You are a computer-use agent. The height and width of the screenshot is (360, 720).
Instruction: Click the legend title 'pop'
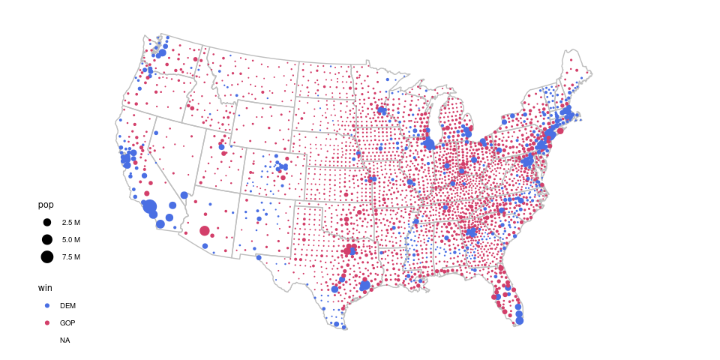coord(46,205)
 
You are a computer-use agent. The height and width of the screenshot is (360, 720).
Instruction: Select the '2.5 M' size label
coord(71,223)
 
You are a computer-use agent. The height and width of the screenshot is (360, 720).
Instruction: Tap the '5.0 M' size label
coord(71,240)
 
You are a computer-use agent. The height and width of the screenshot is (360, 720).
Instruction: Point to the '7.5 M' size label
coord(71,257)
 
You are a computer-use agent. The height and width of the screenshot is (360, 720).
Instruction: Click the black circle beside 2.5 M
coord(46,223)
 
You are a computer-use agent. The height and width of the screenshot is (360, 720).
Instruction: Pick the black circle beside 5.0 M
coord(46,240)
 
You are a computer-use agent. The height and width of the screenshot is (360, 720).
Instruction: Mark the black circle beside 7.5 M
coord(46,257)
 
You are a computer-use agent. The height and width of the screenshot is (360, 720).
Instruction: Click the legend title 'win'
coord(46,287)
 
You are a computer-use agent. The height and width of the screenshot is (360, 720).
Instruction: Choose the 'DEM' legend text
coord(67,305)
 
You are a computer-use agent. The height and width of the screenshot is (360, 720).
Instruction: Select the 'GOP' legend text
coord(67,322)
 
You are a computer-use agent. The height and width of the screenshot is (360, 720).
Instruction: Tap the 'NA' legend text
coord(65,340)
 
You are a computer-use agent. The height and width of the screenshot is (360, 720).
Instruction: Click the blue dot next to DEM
coord(46,305)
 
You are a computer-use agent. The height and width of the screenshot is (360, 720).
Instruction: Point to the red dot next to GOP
coord(46,322)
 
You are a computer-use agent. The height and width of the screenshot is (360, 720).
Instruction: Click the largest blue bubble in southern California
coord(149,206)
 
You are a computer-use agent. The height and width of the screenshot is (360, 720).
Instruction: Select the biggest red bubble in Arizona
coord(205,231)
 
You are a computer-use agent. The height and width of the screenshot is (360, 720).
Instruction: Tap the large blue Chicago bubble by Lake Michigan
coord(430,142)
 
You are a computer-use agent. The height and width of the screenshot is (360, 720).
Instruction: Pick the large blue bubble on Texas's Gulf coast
coord(365,285)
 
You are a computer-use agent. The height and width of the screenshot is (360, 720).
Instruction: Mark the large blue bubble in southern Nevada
coord(184,194)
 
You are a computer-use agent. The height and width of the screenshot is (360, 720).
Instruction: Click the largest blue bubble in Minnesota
coord(382,110)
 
